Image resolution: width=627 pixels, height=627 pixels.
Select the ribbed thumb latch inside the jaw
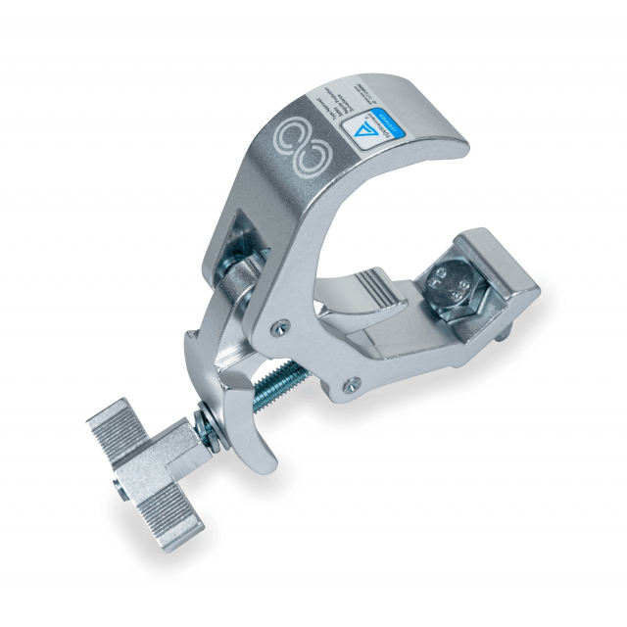(x=378, y=292)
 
